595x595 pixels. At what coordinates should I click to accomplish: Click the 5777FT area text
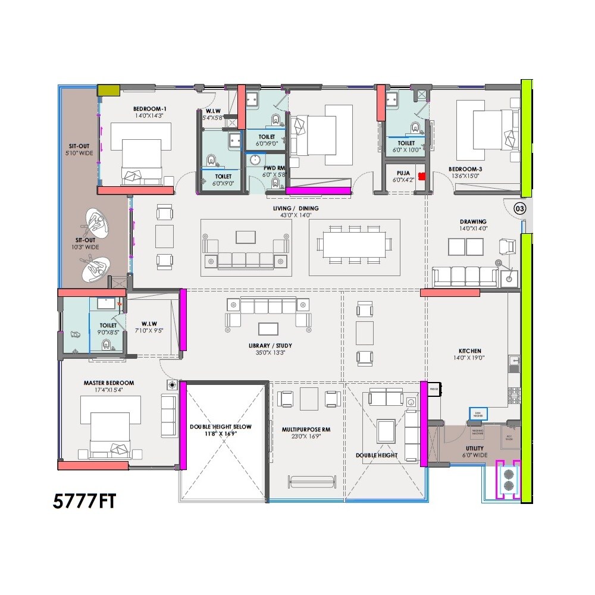tap(84, 501)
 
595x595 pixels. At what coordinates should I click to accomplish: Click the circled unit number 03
tap(519, 208)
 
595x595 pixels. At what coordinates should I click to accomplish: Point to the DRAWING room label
tap(473, 221)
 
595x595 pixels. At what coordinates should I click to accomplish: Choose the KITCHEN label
tap(469, 351)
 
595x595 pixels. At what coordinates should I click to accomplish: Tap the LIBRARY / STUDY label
tap(270, 346)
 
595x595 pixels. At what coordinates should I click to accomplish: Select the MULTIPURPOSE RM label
tap(306, 428)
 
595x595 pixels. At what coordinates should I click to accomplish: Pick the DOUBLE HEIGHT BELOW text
tap(221, 427)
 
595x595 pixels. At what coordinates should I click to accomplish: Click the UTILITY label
tap(474, 448)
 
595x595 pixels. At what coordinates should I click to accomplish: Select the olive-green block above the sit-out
tap(109, 90)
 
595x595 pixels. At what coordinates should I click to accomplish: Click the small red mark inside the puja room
tap(422, 176)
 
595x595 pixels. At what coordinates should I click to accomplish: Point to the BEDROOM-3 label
tap(465, 169)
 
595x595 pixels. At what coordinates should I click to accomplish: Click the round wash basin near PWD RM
tap(255, 160)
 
